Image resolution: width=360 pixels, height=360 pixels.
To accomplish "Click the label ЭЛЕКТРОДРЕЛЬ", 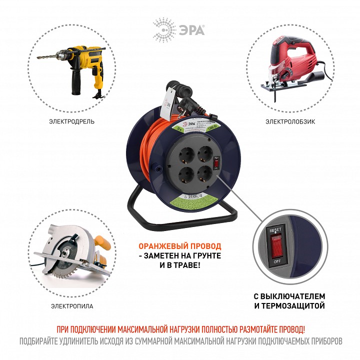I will (x=71, y=121).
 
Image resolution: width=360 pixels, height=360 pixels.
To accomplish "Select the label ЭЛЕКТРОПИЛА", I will (x=71, y=305).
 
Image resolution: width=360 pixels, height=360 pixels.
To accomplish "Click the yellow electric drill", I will (x=87, y=65).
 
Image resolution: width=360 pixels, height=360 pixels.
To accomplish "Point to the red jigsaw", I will (x=290, y=65).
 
